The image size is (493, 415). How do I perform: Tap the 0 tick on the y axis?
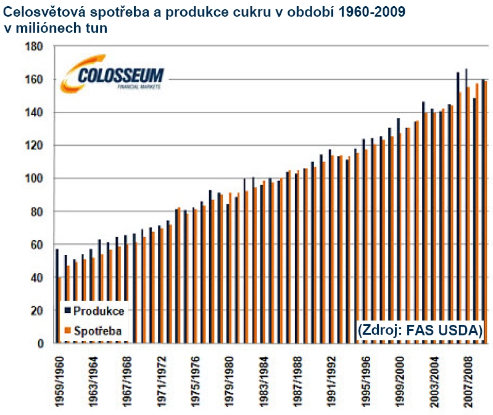[x=38, y=343]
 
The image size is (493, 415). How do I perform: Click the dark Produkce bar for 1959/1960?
[x=57, y=296]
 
